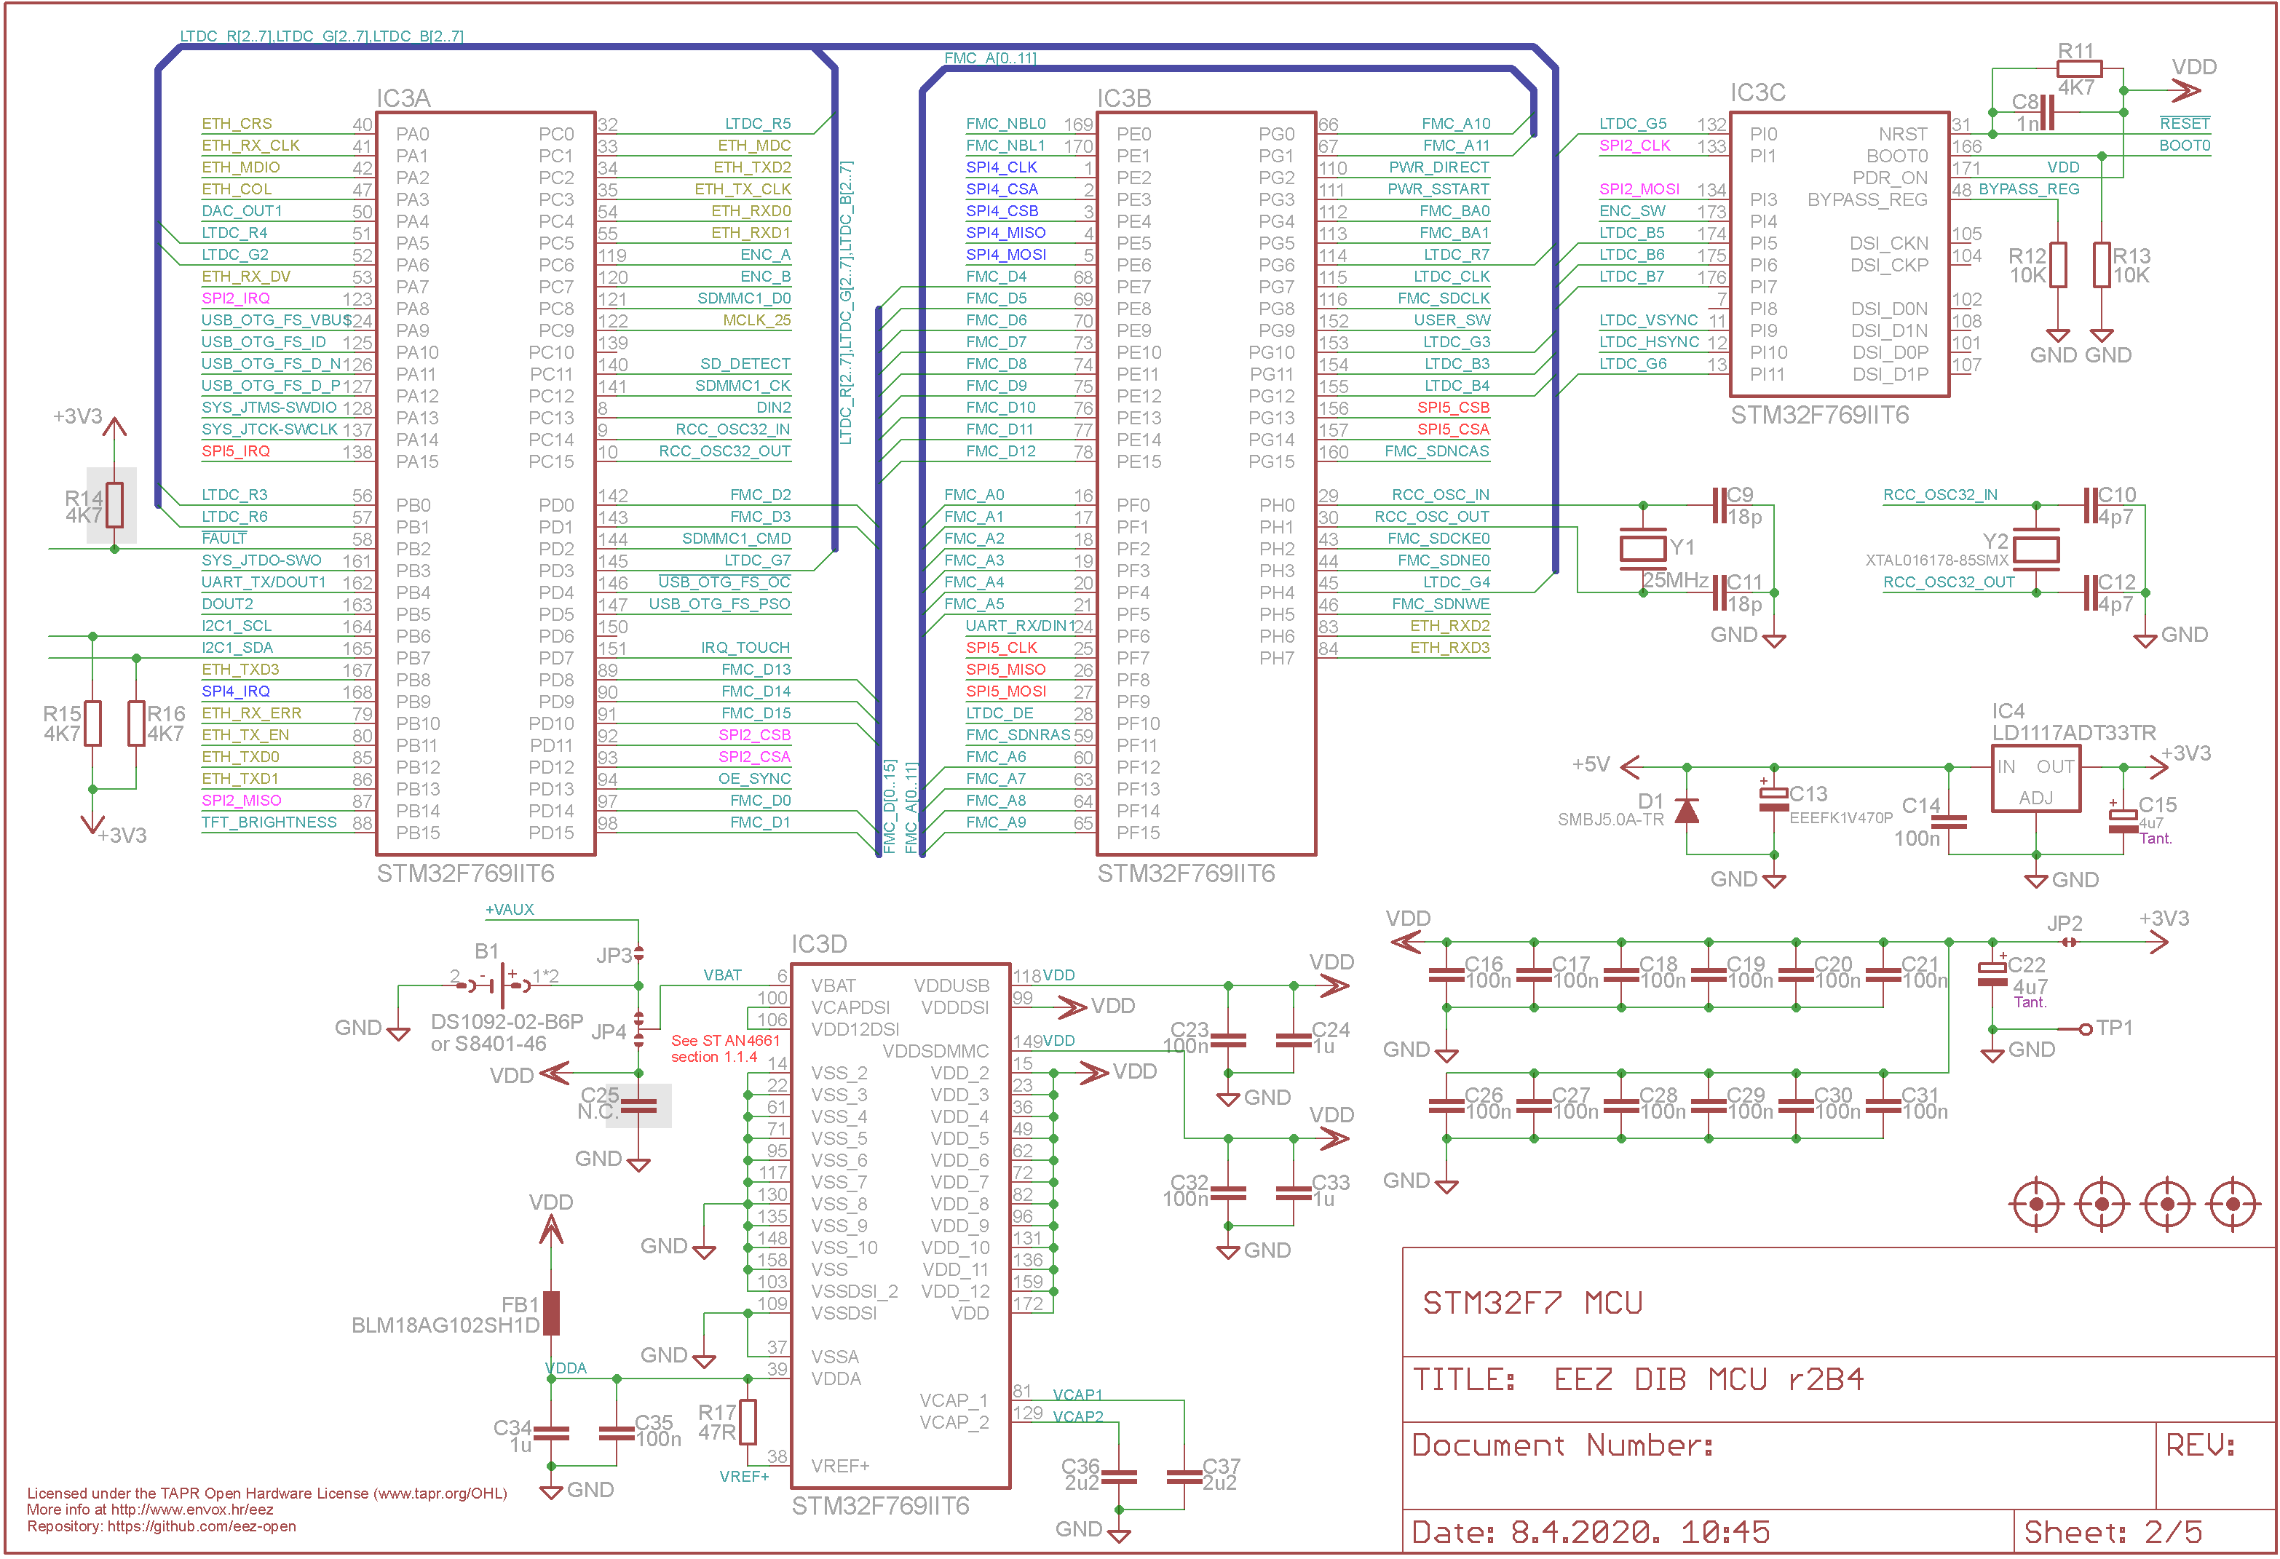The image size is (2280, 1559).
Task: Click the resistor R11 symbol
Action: click(x=2079, y=68)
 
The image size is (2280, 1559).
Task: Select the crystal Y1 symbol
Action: click(x=1642, y=547)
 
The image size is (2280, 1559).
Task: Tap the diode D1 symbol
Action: click(x=1687, y=810)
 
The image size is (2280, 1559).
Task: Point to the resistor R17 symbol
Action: click(x=748, y=1421)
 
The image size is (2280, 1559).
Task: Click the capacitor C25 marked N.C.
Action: click(x=638, y=1106)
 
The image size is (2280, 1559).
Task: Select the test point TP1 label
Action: click(x=2114, y=1027)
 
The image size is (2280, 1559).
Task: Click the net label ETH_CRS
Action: click(x=237, y=124)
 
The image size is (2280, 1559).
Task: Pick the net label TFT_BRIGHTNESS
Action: click(x=269, y=822)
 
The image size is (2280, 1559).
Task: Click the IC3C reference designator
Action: click(x=1757, y=92)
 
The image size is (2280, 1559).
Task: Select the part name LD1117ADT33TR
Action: click(x=2073, y=733)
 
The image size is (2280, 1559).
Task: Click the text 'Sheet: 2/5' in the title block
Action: click(x=2113, y=1531)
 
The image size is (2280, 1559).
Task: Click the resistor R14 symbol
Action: click(x=115, y=505)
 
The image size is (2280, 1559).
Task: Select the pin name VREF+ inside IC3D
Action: click(x=840, y=1466)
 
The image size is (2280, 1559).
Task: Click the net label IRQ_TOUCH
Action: click(x=745, y=648)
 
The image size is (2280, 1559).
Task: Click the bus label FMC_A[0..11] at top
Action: click(x=990, y=58)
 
